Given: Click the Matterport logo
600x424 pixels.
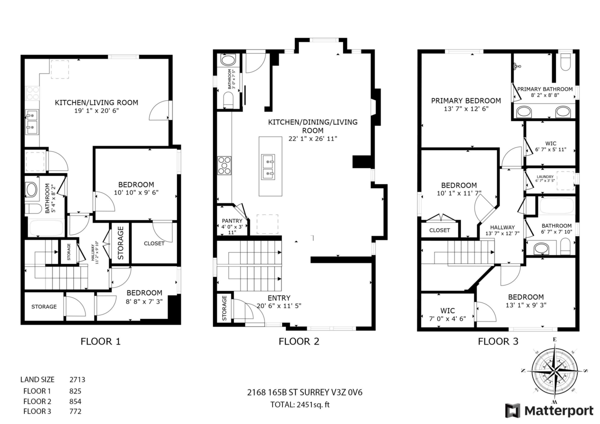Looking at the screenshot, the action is pos(549,410).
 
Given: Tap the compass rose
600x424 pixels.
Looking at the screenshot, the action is pos(554,371).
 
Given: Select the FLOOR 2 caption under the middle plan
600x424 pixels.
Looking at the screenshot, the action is pos(299,341).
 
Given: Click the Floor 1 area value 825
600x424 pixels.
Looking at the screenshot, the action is pos(75,391).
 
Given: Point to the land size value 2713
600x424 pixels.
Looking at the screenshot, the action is pos(77,379).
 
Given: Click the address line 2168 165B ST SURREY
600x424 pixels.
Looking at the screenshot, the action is pos(304,392).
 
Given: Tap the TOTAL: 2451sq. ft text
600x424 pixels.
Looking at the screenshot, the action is pos(300,404).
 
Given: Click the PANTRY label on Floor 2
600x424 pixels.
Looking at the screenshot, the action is pos(232,220).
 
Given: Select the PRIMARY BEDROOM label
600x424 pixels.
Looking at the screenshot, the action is pos(466,100).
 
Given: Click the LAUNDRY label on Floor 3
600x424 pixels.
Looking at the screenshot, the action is pos(545,177).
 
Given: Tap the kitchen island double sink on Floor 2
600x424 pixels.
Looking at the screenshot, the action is pos(268,167).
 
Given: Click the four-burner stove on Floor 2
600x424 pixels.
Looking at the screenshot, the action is pos(224,165).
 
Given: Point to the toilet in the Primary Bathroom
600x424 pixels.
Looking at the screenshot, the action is pos(565,62).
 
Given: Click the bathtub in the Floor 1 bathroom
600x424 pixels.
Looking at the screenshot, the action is pos(46,227).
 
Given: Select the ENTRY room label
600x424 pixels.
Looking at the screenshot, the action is pos(279,298).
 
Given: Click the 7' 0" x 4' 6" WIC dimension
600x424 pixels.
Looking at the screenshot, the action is pos(447,318).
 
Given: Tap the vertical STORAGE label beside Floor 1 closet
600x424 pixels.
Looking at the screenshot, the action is pos(120,243).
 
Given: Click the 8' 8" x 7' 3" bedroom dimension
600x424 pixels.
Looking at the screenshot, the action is pos(144,301).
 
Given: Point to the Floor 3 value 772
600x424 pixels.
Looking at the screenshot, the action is pos(75,411).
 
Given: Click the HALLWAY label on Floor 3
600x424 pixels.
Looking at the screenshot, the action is pos(502,227).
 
